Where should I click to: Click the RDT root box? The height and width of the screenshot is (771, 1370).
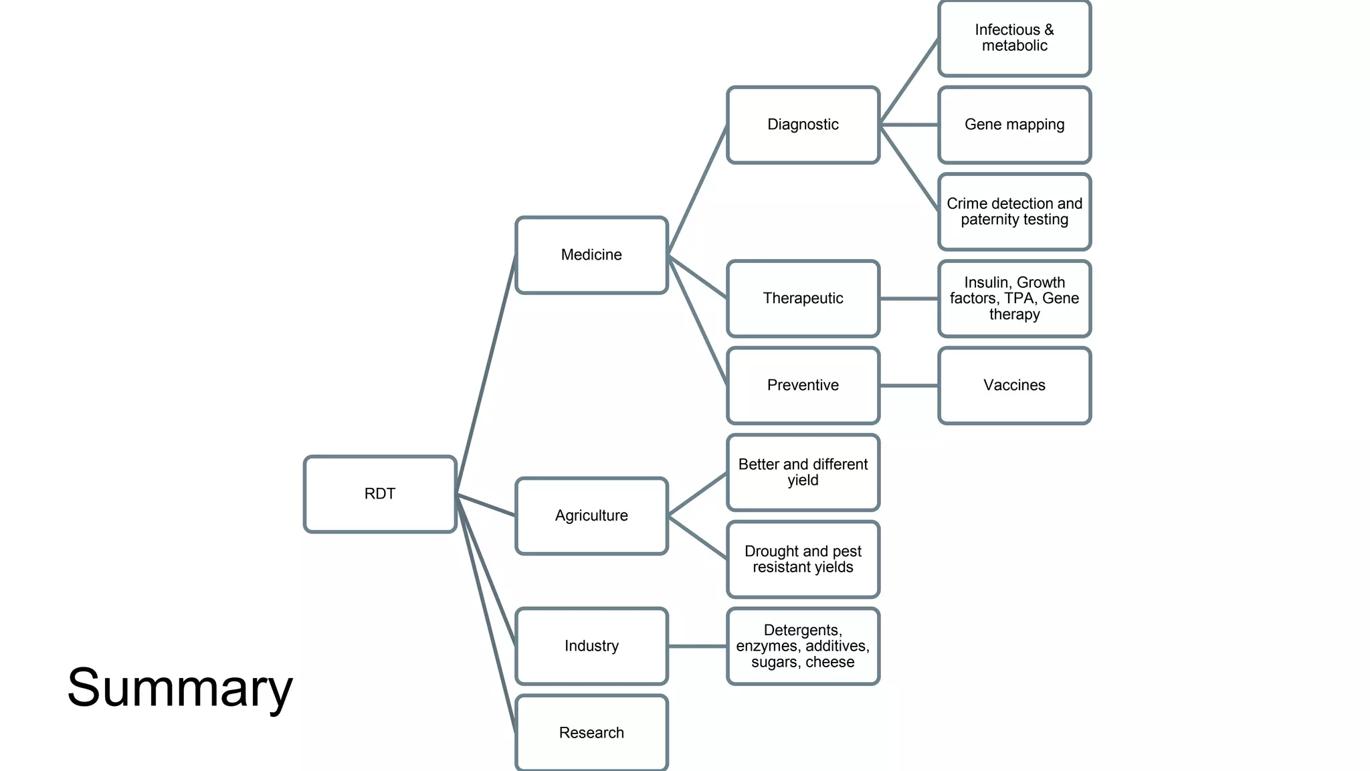click(380, 494)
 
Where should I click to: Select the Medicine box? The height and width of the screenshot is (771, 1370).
click(591, 255)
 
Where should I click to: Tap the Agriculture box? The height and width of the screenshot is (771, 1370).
click(591, 516)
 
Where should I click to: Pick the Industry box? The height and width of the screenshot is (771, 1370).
click(591, 646)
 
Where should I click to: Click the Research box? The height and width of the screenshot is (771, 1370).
click(591, 733)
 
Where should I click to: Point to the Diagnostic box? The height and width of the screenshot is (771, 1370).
click(803, 124)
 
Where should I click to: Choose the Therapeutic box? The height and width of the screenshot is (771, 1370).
click(803, 298)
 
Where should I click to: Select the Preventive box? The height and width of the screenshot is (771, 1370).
click(803, 385)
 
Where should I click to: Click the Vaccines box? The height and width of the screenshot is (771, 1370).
click(1014, 385)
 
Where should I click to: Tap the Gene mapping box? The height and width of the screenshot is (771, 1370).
click(1014, 124)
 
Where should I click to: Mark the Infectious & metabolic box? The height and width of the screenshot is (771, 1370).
click(1014, 38)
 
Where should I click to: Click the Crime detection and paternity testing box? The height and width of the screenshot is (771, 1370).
click(1014, 211)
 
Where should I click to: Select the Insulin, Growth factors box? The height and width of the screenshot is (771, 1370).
click(1014, 298)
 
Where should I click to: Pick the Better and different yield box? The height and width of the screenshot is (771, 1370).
click(803, 473)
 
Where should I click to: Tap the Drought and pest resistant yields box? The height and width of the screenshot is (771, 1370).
click(803, 560)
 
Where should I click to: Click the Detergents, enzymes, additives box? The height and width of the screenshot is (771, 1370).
click(803, 646)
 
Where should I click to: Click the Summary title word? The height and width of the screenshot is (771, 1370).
click(180, 688)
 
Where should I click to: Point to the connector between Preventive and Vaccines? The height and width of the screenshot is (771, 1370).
click(909, 385)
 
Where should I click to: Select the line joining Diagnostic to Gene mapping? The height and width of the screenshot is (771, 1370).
click(909, 124)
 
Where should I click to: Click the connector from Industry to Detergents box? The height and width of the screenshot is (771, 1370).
click(698, 646)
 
